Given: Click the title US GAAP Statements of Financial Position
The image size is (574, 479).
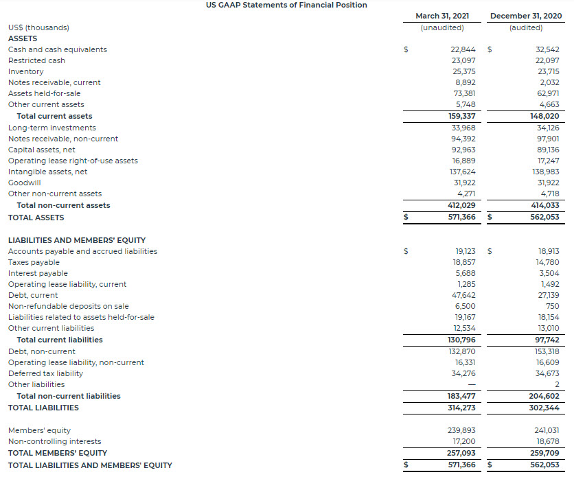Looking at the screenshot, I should coord(286,5).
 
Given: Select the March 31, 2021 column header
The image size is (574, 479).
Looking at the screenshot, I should coord(441,16).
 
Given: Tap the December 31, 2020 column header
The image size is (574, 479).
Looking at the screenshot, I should coord(525,16).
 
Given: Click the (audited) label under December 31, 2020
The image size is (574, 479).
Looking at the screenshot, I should coord(526,27).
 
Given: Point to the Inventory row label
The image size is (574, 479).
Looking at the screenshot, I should coord(26,71).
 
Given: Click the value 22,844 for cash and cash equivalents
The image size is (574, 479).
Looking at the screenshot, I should coord(463,49).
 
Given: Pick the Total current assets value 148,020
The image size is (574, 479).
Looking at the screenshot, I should coord(545,116).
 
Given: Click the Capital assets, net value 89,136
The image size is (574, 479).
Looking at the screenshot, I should coord(547,150).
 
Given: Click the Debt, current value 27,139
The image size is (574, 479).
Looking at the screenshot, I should coord(547,295).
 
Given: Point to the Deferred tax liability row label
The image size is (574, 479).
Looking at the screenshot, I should coord(45,373).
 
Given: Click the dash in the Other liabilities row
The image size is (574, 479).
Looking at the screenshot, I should coord(471,384).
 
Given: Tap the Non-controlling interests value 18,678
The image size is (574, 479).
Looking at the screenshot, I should coord(547,441).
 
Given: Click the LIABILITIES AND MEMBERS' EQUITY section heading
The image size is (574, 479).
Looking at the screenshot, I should coord(77,240).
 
